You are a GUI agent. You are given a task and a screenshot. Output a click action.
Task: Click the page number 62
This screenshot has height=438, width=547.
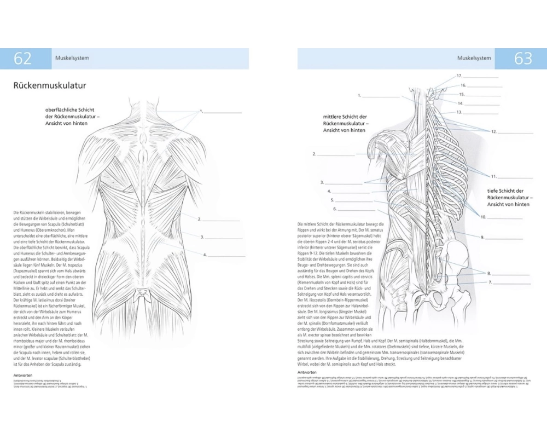coord(22,59)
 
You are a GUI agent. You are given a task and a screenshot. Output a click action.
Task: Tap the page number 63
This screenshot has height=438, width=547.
coord(523,59)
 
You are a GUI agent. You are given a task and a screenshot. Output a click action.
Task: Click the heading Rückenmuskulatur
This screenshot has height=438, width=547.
coord(49,86)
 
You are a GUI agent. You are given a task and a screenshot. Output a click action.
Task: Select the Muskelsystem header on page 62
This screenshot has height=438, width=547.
coord(72,58)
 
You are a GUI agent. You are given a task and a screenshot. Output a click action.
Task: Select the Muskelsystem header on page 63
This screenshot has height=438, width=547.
coord(474,58)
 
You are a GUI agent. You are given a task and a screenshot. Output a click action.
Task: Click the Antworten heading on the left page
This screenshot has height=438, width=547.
coord(24,375)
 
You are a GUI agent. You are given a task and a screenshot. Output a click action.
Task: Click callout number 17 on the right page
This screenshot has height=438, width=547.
coord(459,76)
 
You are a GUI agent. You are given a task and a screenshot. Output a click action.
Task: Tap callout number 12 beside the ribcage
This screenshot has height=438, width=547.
coord(493,131)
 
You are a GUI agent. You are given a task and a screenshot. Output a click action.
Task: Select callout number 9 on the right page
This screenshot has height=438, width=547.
coord(483,238)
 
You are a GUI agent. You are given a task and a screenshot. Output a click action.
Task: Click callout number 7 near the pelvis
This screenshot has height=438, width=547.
coord(491,283)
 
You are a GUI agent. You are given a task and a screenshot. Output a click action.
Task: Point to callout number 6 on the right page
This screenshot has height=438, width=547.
coord(334,209)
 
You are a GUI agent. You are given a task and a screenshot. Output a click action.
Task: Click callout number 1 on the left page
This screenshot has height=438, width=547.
coord(201,111)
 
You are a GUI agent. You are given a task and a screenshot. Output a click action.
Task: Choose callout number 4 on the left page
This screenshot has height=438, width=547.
coord(205,255)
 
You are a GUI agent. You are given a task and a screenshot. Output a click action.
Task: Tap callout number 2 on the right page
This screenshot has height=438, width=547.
coord(315,154)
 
